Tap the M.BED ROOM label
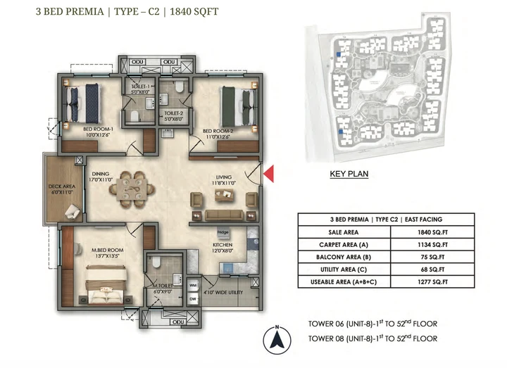(105, 251)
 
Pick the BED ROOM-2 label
(218, 132)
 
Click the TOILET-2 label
(173, 113)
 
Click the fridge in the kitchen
(223, 232)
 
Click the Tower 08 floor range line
(373, 338)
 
